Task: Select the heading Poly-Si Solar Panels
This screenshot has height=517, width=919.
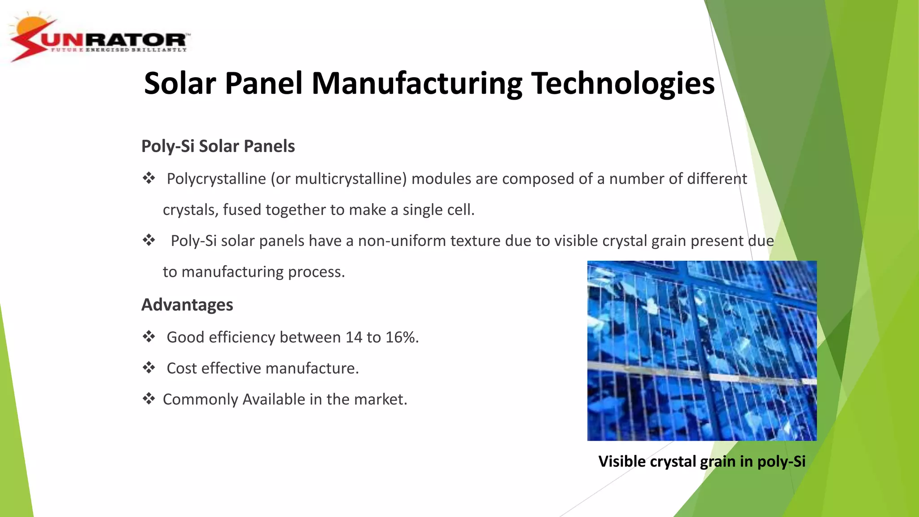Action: coord(218,146)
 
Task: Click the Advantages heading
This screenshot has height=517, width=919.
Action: coord(187,305)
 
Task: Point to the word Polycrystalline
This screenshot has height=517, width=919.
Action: coord(216,179)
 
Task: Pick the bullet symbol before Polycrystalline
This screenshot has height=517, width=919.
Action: coord(149,178)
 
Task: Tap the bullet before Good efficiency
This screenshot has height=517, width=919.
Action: coord(149,337)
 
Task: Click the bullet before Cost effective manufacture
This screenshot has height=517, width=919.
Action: coord(149,368)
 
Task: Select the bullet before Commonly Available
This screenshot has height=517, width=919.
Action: coord(149,399)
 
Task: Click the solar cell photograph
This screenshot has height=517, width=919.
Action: coord(702,351)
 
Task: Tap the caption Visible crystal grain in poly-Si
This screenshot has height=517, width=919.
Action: coord(702,461)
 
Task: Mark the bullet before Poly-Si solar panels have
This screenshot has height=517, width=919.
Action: coord(149,240)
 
